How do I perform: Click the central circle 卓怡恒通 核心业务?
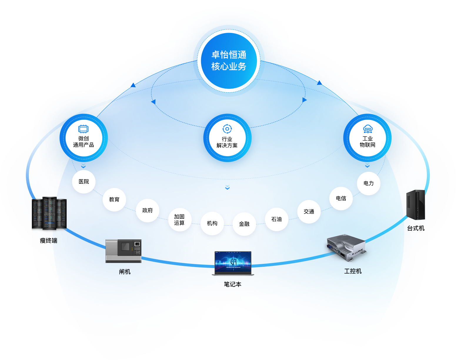pos(229,61)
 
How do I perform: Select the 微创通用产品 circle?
pos(83,138)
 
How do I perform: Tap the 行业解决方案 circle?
pos(227,138)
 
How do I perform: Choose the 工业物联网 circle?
pos(368,138)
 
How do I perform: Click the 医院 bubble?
pos(84,182)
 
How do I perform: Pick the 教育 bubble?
pos(114,200)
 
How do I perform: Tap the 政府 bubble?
pos(148,211)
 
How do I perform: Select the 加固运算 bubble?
pos(179,220)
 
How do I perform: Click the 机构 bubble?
pos(212,224)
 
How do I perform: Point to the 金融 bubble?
pos(244,224)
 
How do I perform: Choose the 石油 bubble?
pos(277,219)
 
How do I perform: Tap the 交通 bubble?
pos(309,212)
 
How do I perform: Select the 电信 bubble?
pos(341,199)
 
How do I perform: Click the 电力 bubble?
pos(369,184)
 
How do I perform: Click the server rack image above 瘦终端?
pos(49,214)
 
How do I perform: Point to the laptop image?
pos(233,263)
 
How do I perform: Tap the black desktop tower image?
pos(415,205)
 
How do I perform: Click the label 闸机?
pos(125,272)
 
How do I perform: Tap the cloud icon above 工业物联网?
pos(368,129)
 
